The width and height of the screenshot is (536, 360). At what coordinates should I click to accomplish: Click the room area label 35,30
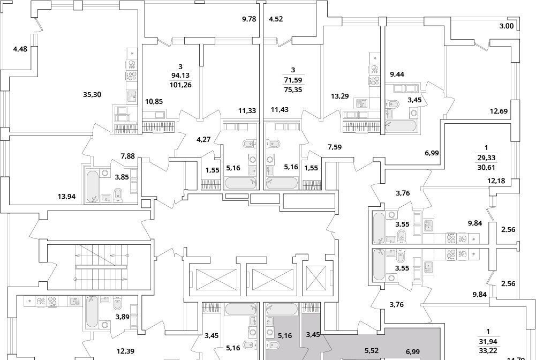click(x=92, y=94)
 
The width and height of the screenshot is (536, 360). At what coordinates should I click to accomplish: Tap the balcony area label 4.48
click(x=20, y=50)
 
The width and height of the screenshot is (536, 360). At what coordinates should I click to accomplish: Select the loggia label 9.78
click(x=249, y=19)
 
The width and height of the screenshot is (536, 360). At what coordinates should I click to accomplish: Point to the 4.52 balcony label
click(x=276, y=19)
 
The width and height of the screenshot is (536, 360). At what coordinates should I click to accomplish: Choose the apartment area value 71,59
click(x=292, y=80)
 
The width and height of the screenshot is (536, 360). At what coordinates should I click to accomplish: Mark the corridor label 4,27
click(x=203, y=140)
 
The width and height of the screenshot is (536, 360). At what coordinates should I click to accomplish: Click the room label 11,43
click(x=280, y=110)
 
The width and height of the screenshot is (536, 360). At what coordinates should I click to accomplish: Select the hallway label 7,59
click(x=334, y=147)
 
